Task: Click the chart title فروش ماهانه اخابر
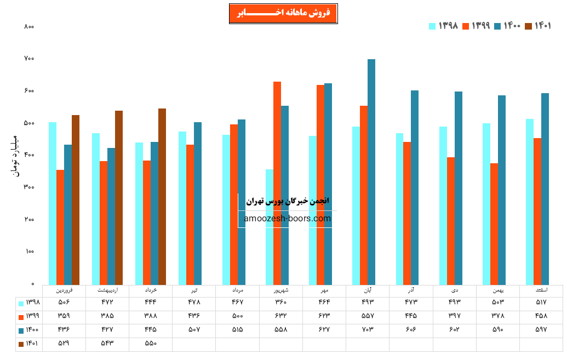click(x=283, y=14)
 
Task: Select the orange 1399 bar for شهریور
click(x=277, y=183)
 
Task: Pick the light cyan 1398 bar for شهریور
click(x=270, y=227)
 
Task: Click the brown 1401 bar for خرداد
click(x=162, y=196)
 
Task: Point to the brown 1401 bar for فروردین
click(x=76, y=199)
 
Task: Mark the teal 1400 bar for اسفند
click(x=545, y=188)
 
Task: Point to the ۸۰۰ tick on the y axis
click(x=30, y=26)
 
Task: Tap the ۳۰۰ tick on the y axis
click(x=30, y=187)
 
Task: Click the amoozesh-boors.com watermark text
click(x=288, y=218)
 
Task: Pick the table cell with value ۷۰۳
click(x=367, y=330)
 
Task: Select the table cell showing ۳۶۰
click(x=280, y=302)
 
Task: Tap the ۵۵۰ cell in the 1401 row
click(x=150, y=344)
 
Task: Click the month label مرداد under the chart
click(x=237, y=290)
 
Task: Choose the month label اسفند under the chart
click(x=541, y=290)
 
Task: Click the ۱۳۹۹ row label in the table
click(x=28, y=316)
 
